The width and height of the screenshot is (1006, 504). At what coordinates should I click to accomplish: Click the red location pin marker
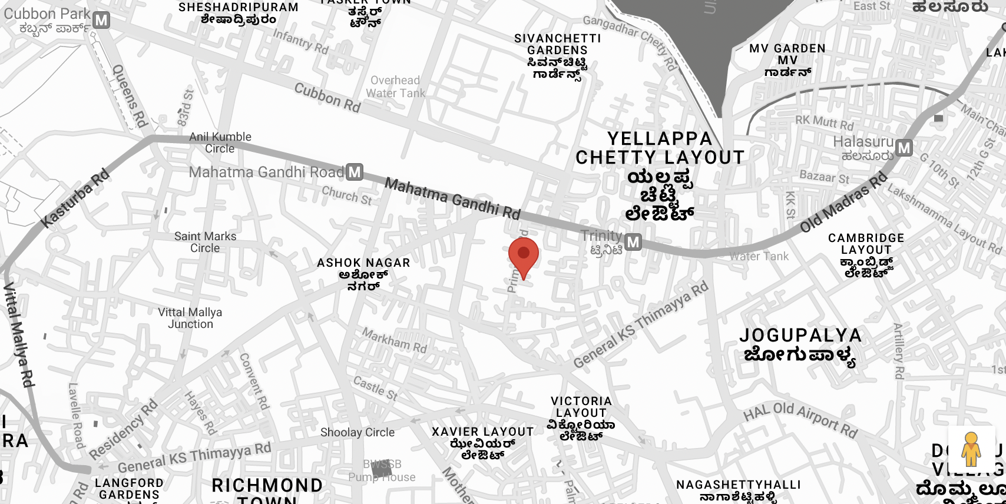[523, 255]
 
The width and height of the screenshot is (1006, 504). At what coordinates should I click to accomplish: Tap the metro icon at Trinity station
[633, 242]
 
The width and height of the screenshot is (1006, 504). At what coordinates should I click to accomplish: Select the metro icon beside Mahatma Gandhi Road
[354, 172]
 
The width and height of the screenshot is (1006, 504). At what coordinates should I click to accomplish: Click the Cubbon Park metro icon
[101, 21]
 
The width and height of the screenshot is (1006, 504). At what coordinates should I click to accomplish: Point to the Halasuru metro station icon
[904, 148]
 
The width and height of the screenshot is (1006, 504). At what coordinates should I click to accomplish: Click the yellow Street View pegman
[971, 449]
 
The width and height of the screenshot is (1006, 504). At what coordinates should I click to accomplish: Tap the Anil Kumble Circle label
[220, 142]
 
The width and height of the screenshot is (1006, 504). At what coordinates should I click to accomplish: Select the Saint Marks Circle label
[205, 242]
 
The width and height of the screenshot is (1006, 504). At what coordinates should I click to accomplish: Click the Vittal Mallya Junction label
[190, 318]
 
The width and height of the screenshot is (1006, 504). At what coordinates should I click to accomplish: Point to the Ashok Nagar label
[363, 273]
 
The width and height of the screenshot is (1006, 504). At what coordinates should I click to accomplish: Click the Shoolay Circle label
[358, 432]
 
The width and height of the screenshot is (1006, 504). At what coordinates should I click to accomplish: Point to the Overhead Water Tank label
[395, 87]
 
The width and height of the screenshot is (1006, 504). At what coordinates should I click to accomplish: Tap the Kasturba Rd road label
[76, 198]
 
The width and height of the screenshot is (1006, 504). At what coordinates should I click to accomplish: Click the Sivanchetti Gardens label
[557, 56]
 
